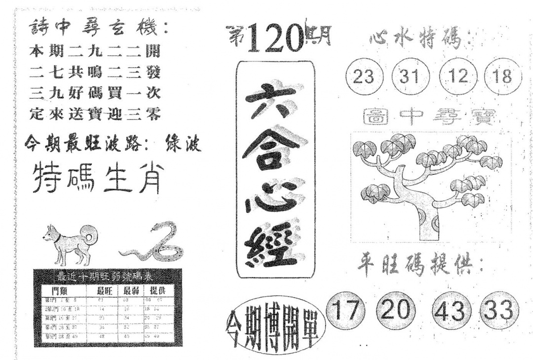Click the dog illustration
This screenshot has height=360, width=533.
tap(70, 242)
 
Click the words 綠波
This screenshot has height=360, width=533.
tap(182, 144)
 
